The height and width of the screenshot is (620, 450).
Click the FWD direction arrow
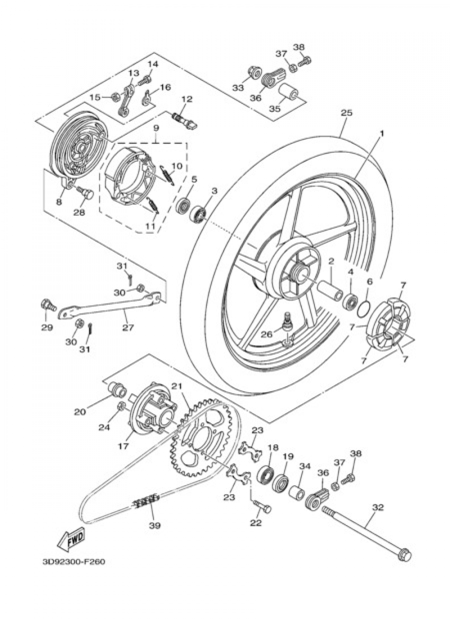71,540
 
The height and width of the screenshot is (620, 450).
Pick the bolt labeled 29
48,306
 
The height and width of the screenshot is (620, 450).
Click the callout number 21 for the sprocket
176,386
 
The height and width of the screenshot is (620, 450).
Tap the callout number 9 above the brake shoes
156,128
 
